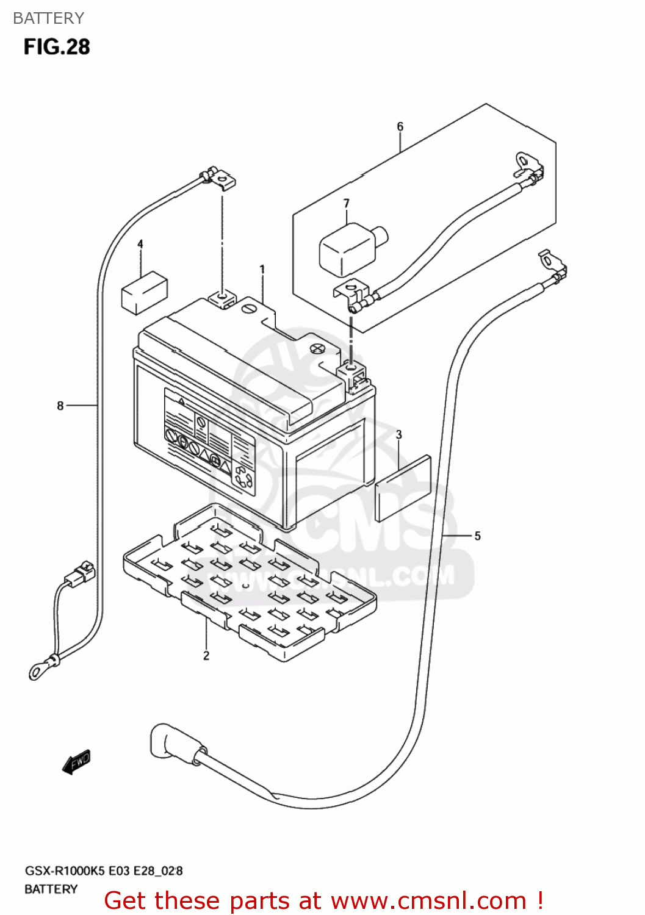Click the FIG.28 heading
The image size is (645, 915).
tap(57, 47)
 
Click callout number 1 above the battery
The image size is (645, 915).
tap(262, 269)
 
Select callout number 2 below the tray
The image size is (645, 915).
tap(206, 655)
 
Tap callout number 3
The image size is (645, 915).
tap(398, 434)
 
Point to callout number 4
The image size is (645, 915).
tap(140, 244)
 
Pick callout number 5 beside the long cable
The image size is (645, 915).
tap(477, 536)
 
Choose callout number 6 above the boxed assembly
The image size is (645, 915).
tap(400, 126)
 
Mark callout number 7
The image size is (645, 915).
tap(346, 203)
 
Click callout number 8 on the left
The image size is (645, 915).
tap(60, 405)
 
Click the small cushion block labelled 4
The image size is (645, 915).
tap(145, 292)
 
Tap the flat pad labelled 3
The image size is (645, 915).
tap(403, 488)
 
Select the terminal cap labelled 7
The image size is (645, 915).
tap(349, 247)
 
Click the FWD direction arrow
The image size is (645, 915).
tap(77, 762)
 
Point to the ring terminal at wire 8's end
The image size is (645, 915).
tap(38, 671)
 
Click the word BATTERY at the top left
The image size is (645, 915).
tap(48, 18)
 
